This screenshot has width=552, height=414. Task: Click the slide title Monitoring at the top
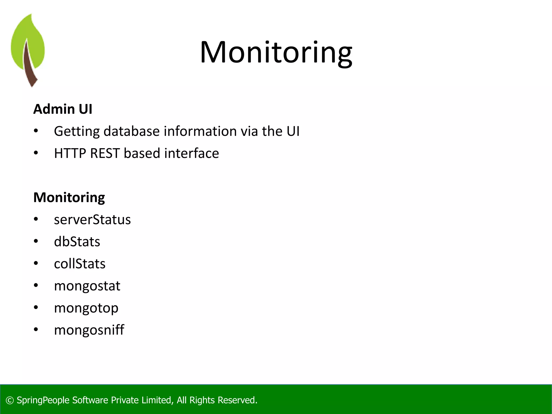click(x=276, y=52)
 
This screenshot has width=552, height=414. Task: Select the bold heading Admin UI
click(x=63, y=109)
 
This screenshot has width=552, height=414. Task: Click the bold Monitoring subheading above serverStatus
click(x=69, y=198)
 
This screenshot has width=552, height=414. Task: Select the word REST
click(x=105, y=153)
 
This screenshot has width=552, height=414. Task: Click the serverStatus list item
click(x=92, y=220)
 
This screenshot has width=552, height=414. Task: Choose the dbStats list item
click(x=77, y=242)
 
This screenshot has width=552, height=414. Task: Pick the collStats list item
click(x=80, y=264)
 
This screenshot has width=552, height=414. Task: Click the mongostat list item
click(x=87, y=286)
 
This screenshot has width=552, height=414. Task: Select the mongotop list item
click(x=86, y=308)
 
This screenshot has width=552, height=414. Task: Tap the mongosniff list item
click(x=89, y=330)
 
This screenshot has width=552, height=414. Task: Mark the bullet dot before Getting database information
click(x=36, y=131)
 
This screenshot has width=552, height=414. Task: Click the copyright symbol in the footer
click(x=10, y=401)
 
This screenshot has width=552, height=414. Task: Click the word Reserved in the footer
click(x=237, y=400)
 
